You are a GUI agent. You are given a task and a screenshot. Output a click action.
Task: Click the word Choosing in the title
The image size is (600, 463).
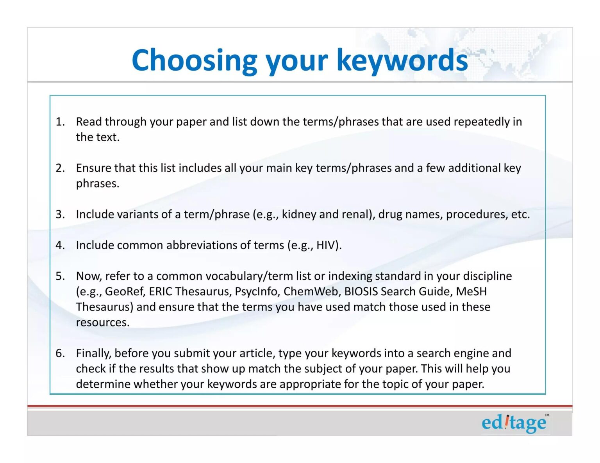point(195,60)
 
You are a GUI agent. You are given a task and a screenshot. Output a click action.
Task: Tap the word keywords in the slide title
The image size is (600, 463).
point(402,60)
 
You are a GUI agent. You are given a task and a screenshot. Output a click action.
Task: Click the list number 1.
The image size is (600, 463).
point(60,122)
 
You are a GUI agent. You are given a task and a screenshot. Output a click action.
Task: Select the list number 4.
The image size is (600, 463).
point(60,245)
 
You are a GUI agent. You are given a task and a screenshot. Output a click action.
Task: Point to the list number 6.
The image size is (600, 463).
point(60,353)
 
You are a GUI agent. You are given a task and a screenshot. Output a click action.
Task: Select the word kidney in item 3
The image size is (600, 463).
point(299,215)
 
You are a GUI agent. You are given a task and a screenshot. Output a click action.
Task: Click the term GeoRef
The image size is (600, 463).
point(125,291)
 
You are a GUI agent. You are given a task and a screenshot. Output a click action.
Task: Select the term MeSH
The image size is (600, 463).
point(471,291)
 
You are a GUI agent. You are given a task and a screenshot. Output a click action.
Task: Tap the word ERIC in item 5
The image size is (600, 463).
point(161,291)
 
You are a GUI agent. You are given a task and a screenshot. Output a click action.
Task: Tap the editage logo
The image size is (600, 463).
point(514,423)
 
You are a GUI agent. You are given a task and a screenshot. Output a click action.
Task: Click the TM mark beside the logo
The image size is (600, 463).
point(547,415)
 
